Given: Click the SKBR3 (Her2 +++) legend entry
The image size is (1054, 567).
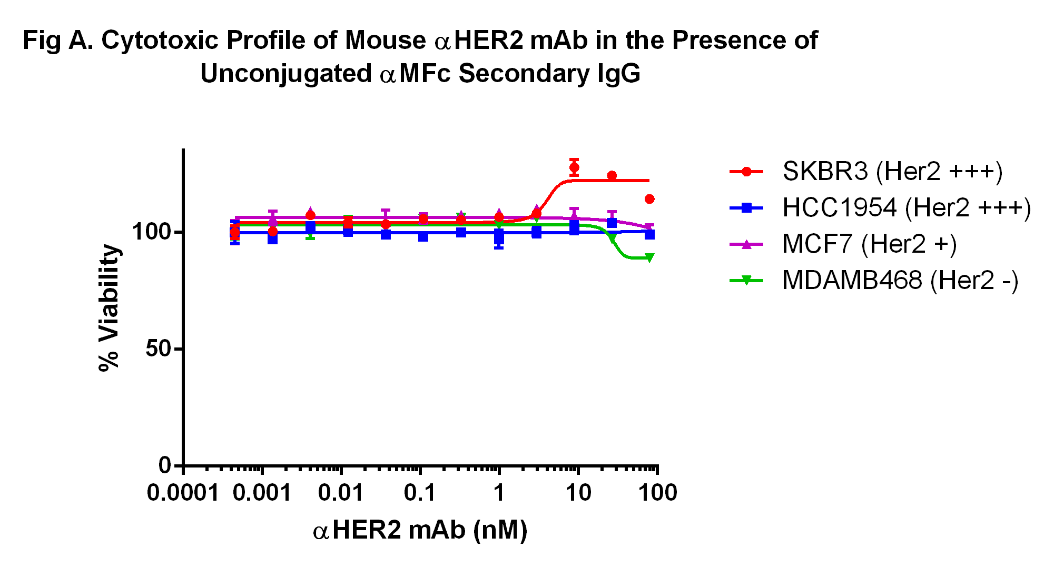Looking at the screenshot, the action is point(866,171).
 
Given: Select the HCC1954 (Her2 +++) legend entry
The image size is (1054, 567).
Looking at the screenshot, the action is point(880,207).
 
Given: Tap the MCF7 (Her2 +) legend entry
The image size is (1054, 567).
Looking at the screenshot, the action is point(843,244).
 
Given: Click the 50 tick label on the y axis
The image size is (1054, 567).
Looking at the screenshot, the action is point(159,349).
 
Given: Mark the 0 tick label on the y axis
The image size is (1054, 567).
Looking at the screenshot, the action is point(165,465).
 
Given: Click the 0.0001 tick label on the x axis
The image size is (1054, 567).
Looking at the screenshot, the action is point(183,493).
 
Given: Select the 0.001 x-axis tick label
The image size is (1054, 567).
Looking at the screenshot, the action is point(262,493).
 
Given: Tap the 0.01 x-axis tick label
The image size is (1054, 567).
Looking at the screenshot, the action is point(341,493).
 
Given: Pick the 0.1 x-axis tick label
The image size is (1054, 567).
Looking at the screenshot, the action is point(420,493).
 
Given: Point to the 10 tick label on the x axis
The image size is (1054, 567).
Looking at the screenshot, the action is point(578,493).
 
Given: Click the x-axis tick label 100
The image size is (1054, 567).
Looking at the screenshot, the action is point(657,493).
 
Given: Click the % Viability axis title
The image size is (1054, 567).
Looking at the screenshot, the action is point(110,307).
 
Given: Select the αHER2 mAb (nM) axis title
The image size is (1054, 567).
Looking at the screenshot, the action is point(420,530).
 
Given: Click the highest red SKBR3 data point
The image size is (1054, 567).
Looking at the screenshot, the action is point(574,167).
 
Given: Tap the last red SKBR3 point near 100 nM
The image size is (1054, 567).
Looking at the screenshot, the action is point(649,199).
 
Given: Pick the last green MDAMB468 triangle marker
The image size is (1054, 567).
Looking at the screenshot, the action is point(649,258).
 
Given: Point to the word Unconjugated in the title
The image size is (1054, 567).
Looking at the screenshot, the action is point(286,74).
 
